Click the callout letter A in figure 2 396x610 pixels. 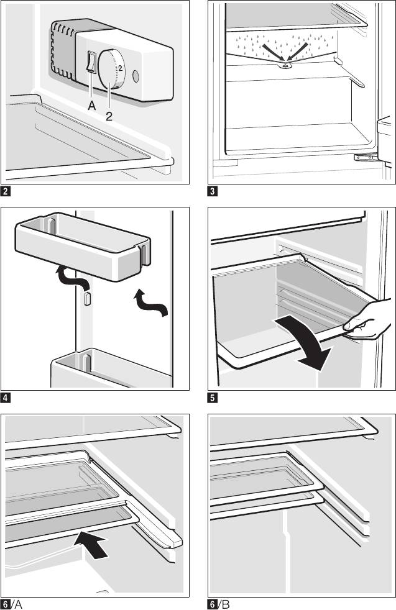click(x=92, y=106)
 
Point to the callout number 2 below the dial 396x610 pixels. click(x=109, y=115)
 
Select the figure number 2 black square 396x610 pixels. click(x=6, y=191)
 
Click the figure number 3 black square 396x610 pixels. click(x=213, y=191)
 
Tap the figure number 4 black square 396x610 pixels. click(x=6, y=396)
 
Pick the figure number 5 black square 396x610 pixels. click(x=213, y=396)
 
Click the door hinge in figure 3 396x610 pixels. click(x=361, y=157)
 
